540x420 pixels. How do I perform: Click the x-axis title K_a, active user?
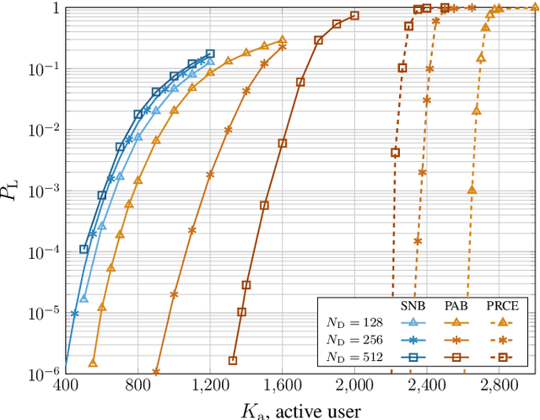pyautogui.click(x=300, y=409)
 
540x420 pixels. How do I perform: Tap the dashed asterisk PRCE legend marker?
pyautogui.click(x=502, y=341)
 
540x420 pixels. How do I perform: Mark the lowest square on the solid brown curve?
pyautogui.click(x=233, y=361)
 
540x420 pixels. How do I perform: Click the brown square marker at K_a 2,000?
pyautogui.click(x=354, y=16)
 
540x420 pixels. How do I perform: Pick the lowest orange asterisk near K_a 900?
pyautogui.click(x=156, y=371)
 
